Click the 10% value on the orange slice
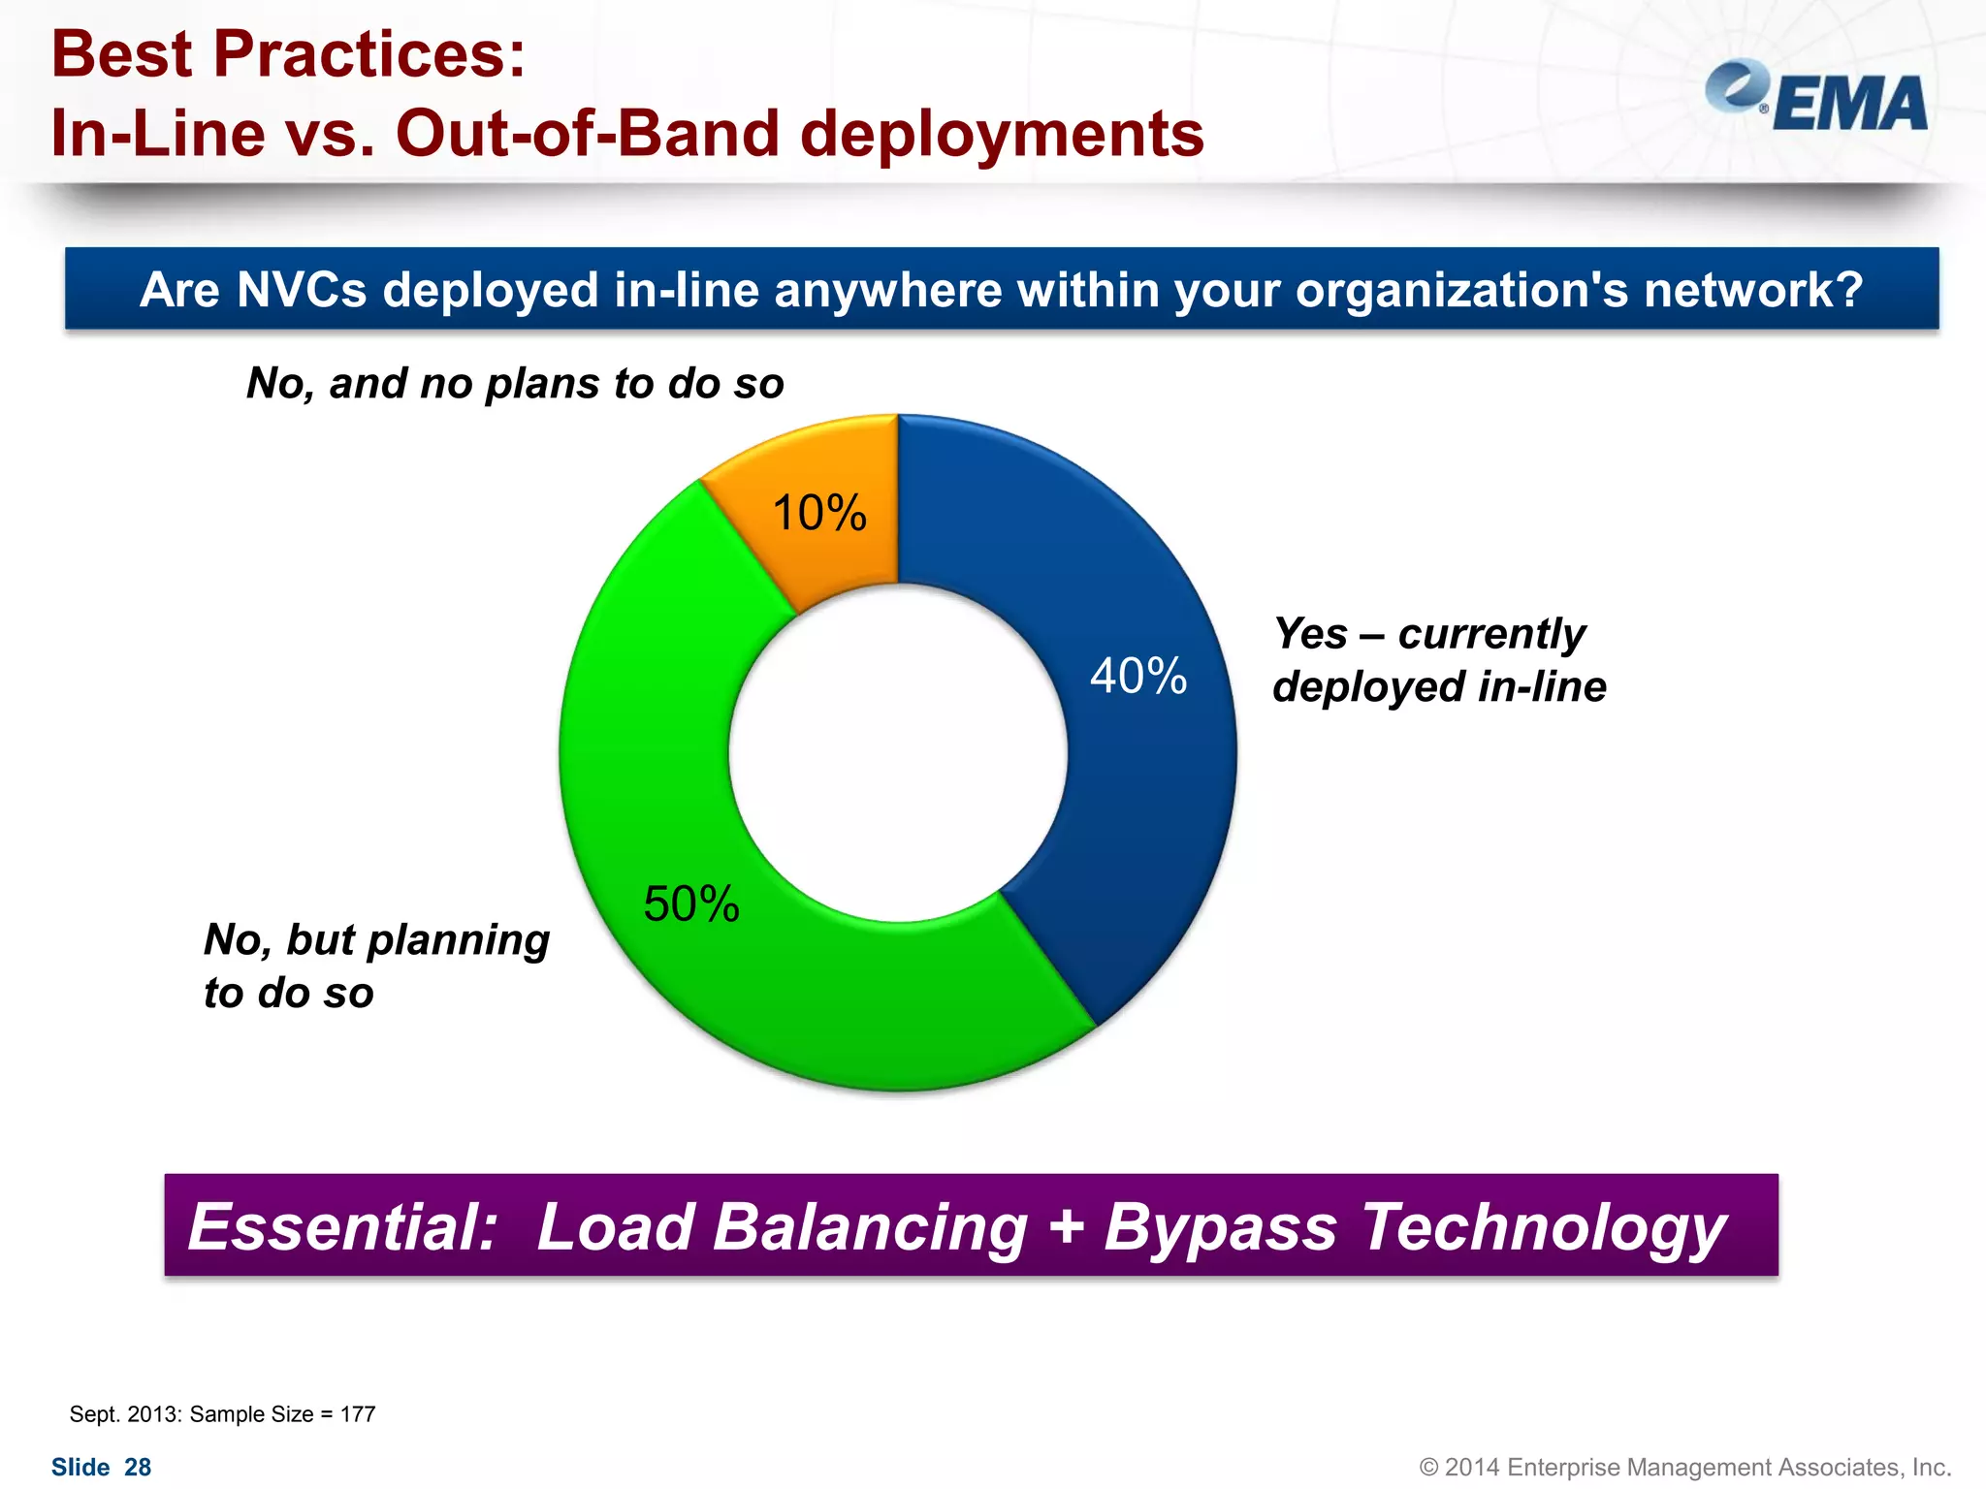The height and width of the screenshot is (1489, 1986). (819, 513)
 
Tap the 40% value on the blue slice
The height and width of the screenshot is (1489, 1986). (1138, 676)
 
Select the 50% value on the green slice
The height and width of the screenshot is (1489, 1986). (691, 904)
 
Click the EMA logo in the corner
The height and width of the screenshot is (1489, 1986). (1817, 98)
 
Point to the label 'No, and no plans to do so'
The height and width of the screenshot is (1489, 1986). (515, 383)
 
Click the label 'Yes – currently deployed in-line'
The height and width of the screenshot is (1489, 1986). (1438, 660)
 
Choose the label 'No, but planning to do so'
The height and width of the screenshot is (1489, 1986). (376, 966)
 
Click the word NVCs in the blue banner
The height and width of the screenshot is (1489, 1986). (302, 290)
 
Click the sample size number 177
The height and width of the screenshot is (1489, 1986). (358, 1414)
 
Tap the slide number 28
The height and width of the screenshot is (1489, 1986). (138, 1468)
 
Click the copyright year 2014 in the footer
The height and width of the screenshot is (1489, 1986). (1471, 1468)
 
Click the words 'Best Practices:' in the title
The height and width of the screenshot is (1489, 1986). (288, 54)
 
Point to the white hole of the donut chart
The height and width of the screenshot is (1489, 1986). (898, 753)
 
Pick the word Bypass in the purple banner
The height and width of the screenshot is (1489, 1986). (1221, 1227)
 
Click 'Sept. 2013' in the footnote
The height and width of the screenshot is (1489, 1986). (125, 1414)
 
